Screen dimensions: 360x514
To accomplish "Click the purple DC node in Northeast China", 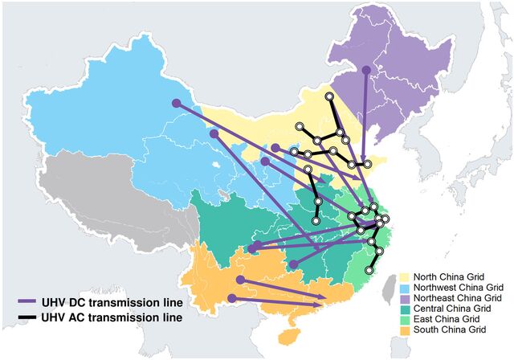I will [x=365, y=70].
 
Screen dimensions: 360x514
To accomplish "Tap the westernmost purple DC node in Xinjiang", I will [x=175, y=103].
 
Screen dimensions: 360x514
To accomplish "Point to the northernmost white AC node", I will [x=329, y=96].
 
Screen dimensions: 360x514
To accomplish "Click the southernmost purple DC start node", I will [x=231, y=298].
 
